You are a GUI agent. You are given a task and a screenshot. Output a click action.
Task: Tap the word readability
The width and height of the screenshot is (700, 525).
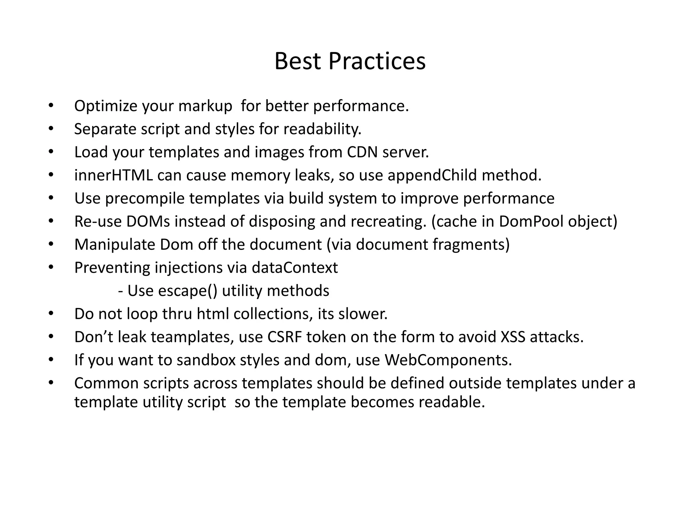click(322, 129)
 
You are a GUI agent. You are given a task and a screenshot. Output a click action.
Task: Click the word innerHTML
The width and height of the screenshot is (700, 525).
click(113, 175)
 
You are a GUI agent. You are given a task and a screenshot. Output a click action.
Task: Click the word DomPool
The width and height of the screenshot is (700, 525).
click(531, 221)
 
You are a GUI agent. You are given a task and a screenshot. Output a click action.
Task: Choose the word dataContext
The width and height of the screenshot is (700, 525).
click(295, 268)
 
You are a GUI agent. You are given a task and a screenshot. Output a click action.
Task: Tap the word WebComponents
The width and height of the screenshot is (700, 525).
click(448, 360)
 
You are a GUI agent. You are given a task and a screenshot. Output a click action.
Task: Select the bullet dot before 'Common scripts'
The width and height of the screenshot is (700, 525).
click(51, 382)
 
